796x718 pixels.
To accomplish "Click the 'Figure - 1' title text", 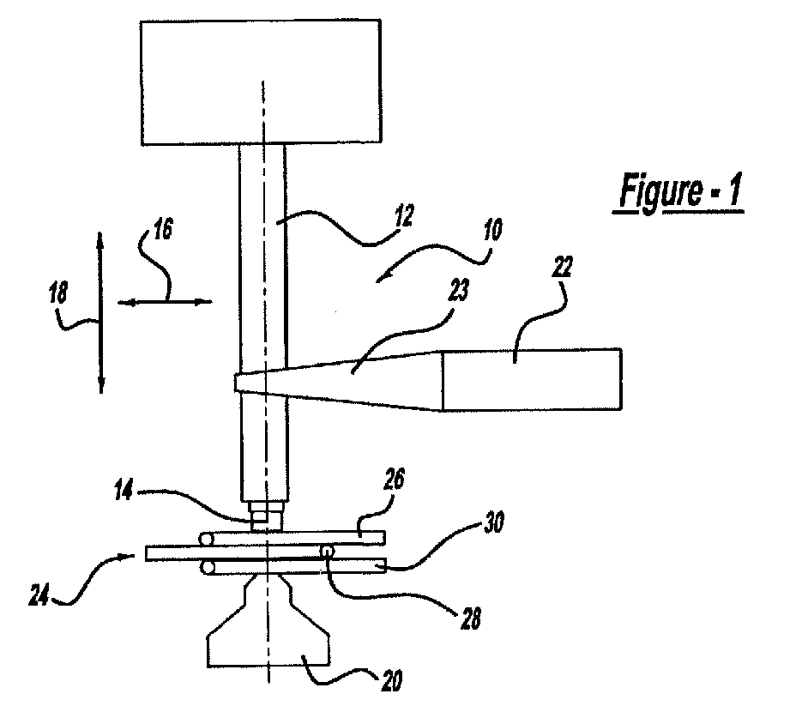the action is click(x=678, y=191).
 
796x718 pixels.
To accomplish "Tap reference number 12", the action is click(x=403, y=214).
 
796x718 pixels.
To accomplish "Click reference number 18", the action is click(x=57, y=294).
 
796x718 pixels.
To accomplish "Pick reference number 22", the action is click(x=562, y=266).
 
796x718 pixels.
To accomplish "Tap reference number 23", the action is click(x=458, y=290).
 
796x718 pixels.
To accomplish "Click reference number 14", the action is click(x=124, y=491).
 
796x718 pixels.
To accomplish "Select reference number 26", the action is click(x=395, y=480).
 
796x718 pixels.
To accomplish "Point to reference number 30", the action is click(x=493, y=522).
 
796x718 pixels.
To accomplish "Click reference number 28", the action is click(x=471, y=619).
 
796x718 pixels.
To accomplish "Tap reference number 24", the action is click(x=39, y=594).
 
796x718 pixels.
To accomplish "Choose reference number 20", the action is click(x=391, y=681).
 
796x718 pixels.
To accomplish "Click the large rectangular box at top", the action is click(x=261, y=82).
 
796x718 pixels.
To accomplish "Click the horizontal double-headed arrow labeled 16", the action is click(x=165, y=302).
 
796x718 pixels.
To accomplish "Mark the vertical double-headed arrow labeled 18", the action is click(x=100, y=312).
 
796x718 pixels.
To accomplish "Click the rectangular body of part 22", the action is click(x=533, y=379).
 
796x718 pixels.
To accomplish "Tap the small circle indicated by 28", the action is click(x=328, y=551).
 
